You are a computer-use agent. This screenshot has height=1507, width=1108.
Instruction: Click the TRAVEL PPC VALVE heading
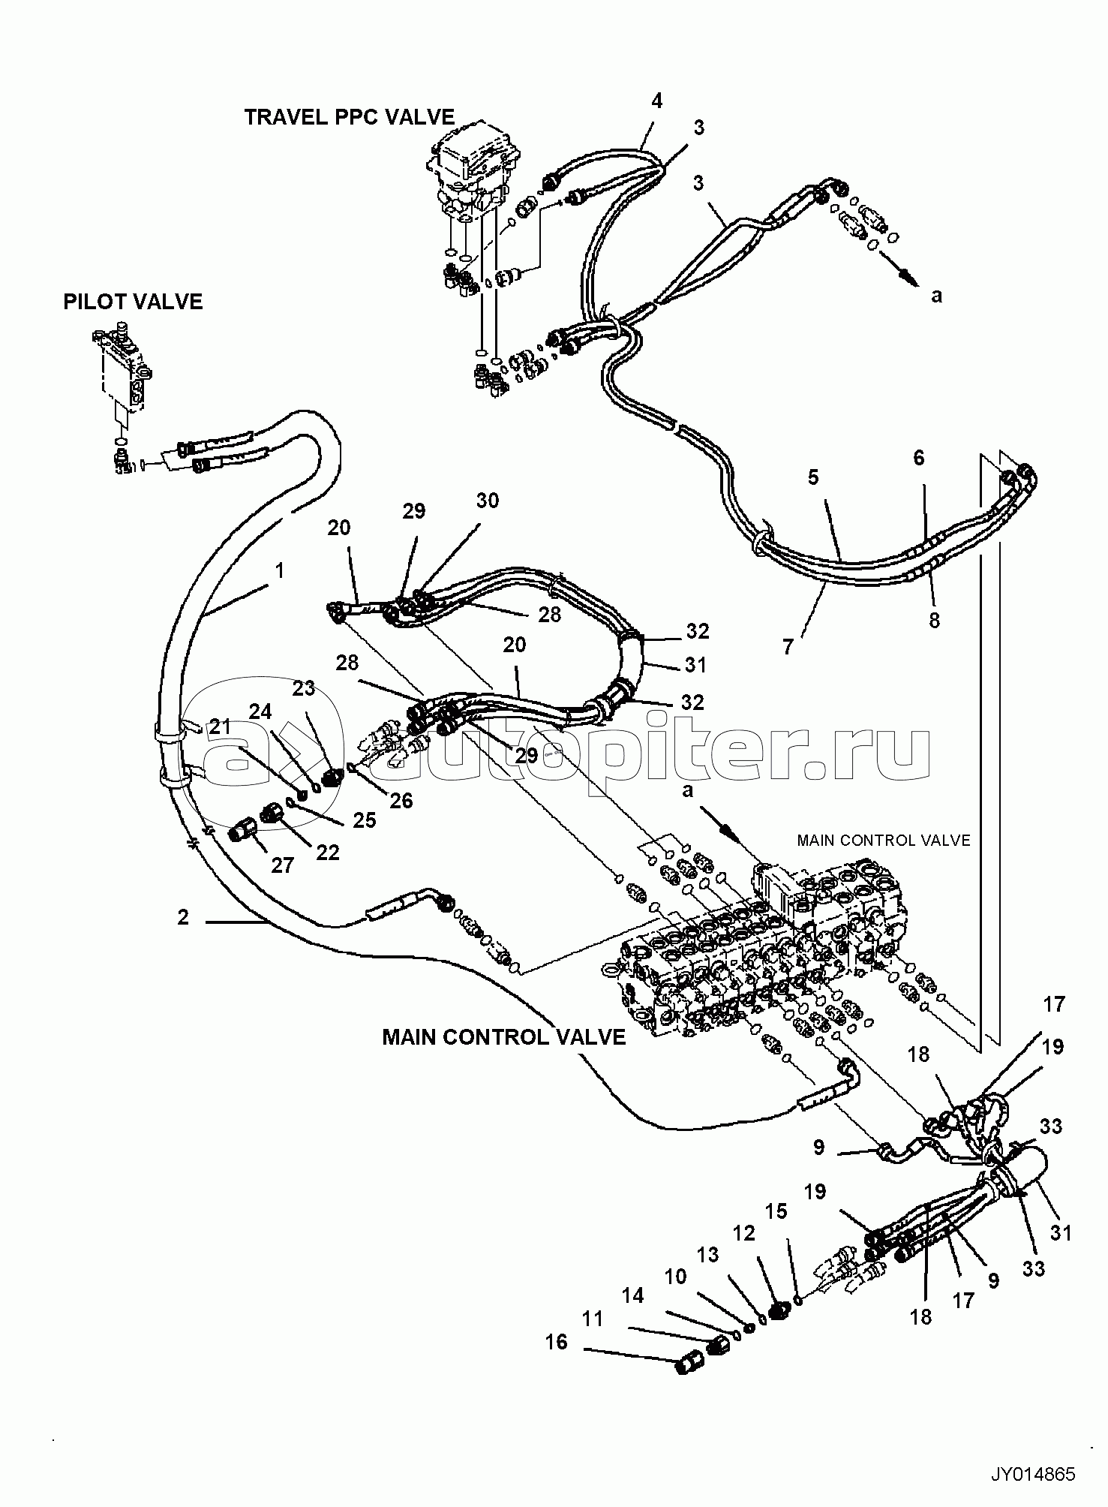point(349,117)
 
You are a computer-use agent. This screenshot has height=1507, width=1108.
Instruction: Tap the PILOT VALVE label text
point(133,302)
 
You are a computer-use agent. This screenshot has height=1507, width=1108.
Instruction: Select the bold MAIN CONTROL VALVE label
point(503,1037)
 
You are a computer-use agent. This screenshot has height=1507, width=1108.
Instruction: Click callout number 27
point(282,865)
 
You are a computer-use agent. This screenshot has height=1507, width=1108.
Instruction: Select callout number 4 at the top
point(657,101)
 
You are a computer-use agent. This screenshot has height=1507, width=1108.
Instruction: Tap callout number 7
point(788,646)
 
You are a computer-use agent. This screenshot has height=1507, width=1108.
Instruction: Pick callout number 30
point(488,501)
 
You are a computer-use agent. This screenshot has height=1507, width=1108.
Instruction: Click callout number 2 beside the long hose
point(183,917)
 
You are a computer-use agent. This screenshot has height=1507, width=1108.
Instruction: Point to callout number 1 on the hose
point(279,571)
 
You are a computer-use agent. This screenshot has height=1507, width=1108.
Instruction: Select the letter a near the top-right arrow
point(936,296)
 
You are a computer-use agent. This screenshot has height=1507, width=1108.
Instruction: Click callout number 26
point(401,801)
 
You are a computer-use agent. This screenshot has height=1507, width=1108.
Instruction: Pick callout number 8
point(935,620)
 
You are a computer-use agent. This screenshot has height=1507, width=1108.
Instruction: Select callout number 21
point(220,726)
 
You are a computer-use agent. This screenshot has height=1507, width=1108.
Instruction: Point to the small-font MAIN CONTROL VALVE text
point(883,841)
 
